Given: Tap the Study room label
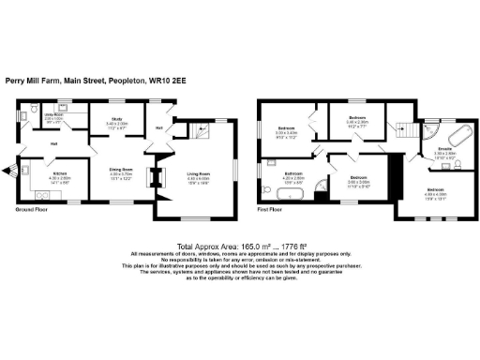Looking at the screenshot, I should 116,123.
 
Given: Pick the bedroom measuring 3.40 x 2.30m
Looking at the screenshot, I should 357,119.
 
